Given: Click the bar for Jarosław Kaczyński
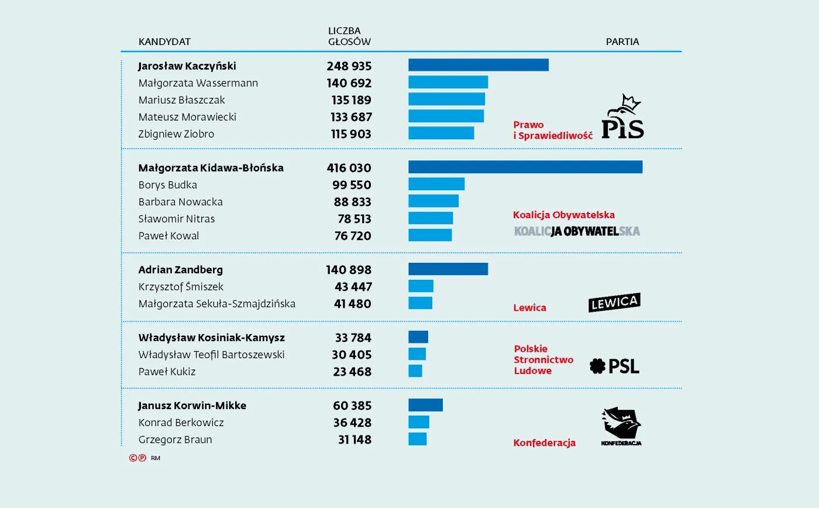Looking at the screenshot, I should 478,65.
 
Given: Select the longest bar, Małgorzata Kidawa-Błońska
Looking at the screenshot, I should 525,167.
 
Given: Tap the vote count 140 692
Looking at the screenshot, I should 349,83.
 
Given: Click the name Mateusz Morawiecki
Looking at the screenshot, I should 187,117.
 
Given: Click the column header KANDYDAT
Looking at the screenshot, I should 164,42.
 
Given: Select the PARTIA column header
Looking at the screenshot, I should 622,42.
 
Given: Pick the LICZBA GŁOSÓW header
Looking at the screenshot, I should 349,36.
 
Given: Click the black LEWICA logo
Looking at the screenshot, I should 614,303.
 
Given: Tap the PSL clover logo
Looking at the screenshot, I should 614,366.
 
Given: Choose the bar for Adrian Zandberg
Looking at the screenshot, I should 448,269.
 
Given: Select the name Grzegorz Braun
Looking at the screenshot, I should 175,440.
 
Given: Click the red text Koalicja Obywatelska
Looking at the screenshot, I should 563,215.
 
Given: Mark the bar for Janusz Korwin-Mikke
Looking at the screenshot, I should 425,405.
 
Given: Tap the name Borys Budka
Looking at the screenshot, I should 167,185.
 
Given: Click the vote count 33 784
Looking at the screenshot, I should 353,338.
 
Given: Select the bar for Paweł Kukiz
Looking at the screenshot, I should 415,371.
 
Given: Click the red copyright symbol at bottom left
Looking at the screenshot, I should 133,458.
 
